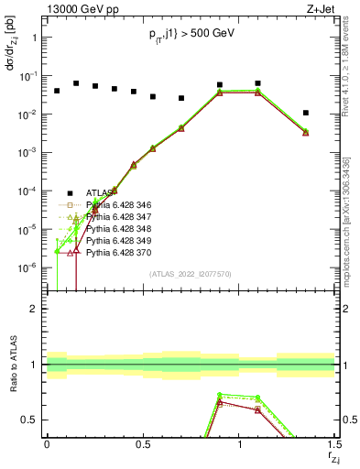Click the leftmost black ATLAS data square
(x=57, y=91)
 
